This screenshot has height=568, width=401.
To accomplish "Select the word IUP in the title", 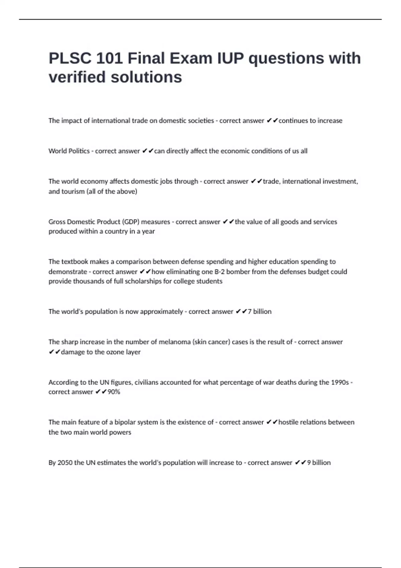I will tap(231, 58).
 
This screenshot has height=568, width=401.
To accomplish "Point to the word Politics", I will tap(79, 151).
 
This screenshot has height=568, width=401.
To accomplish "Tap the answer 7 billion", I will tap(260, 312).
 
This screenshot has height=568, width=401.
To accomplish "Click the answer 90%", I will tap(114, 392).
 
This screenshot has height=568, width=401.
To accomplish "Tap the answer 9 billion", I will tap(319, 463).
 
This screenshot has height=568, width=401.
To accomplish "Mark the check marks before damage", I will tap(54, 352).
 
